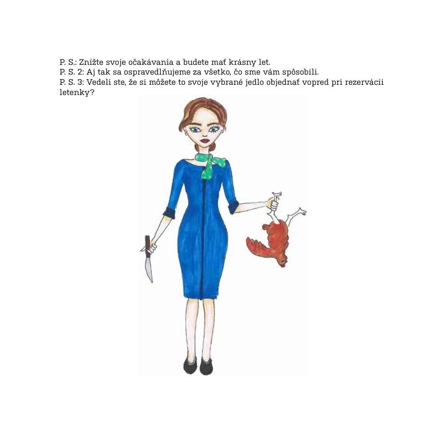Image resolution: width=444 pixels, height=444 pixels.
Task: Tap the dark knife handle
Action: [x=147, y=243]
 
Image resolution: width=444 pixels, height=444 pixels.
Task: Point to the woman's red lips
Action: [x=204, y=140]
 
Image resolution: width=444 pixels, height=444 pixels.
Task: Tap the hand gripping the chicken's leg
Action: [x=273, y=204]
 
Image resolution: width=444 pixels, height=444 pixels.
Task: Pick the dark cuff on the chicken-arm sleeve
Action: [x=234, y=207]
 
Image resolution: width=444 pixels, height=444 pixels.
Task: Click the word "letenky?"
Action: [x=77, y=92]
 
